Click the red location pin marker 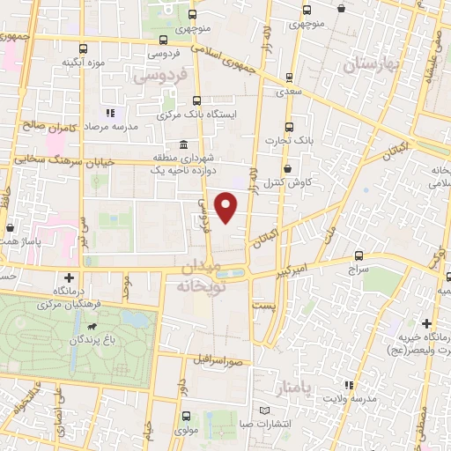click(x=227, y=207)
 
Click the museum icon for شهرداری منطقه click(x=183, y=144)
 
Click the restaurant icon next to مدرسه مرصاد click(x=110, y=113)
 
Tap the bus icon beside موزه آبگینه click(x=83, y=49)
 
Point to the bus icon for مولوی click(x=185, y=416)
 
